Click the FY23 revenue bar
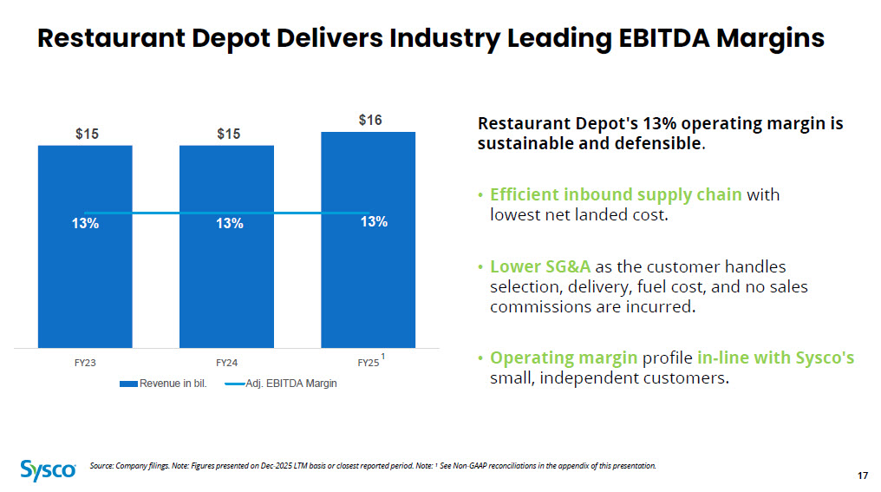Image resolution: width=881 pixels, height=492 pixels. click(85, 246)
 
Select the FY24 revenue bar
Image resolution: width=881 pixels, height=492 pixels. click(226, 246)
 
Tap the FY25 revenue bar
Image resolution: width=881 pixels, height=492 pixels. click(368, 239)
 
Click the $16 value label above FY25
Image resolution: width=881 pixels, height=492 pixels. click(370, 120)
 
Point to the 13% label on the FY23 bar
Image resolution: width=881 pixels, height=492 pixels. click(85, 224)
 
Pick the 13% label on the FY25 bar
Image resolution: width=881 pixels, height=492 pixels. click(374, 222)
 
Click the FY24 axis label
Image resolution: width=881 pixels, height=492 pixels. click(226, 364)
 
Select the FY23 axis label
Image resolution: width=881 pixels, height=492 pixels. click(85, 364)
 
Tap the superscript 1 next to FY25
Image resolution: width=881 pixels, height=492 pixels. click(382, 357)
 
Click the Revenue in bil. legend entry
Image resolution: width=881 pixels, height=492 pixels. click(164, 384)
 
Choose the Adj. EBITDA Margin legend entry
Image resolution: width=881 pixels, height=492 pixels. click(281, 384)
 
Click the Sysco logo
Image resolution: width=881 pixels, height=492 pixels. click(48, 470)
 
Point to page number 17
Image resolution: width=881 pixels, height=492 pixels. click(863, 476)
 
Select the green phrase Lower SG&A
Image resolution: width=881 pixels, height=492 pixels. click(540, 266)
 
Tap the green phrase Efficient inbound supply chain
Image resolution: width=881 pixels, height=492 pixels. click(616, 194)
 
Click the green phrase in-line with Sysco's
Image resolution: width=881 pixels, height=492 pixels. click(775, 358)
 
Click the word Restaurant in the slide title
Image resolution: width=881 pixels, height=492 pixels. click(111, 37)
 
